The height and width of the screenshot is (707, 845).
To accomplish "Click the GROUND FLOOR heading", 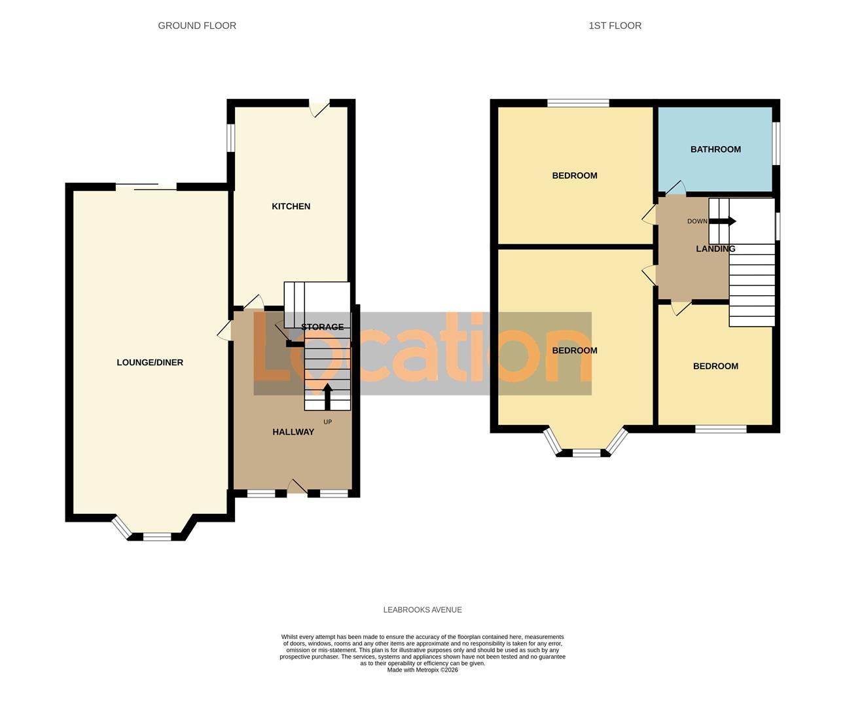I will [x=197, y=26].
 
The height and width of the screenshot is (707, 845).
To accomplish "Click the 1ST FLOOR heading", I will [x=615, y=26].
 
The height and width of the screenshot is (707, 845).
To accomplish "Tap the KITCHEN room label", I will [x=291, y=206].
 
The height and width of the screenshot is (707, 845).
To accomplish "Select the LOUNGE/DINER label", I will [x=150, y=363].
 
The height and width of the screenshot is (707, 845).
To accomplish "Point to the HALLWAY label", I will [x=293, y=432].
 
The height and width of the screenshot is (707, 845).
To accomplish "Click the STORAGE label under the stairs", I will [x=322, y=327].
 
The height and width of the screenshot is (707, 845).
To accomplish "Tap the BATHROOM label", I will [x=715, y=149].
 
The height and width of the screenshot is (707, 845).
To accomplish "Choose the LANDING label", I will [x=715, y=249].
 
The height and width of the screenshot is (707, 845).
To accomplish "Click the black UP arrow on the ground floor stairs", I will [x=327, y=396].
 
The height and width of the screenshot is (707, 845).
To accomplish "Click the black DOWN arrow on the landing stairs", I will [x=723, y=221].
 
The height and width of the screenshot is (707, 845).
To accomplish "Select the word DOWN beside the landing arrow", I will [x=697, y=221].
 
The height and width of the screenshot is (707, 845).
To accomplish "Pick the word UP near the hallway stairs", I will [x=327, y=422].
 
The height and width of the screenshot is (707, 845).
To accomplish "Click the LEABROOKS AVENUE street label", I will [x=422, y=609].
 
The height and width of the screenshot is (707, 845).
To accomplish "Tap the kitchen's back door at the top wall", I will [x=319, y=107].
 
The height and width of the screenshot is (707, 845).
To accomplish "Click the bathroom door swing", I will [x=675, y=189].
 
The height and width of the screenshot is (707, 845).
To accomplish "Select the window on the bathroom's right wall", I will [x=776, y=144].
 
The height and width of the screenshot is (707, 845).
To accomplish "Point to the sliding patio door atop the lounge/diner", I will [x=147, y=187].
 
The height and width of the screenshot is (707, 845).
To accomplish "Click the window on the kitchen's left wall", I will [x=231, y=137].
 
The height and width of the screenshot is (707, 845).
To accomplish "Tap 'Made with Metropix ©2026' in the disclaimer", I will [x=422, y=670].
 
